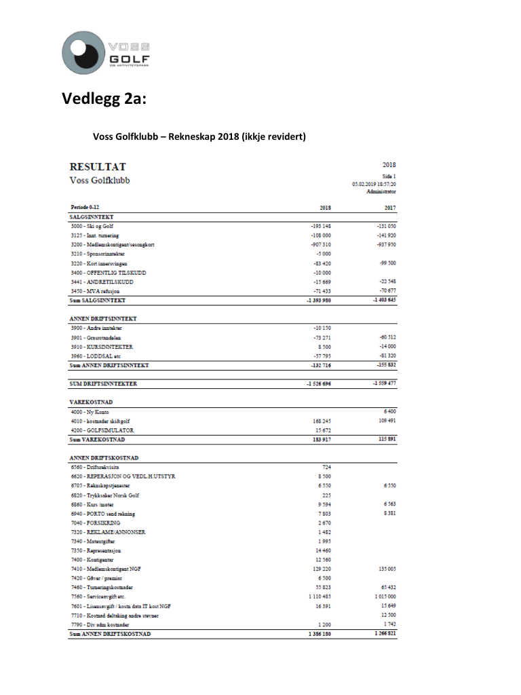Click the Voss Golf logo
[x=106, y=52]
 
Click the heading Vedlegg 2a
[x=103, y=100]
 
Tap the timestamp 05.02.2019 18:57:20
[x=374, y=183]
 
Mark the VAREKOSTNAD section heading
[x=92, y=402]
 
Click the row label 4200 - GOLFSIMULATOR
[x=102, y=430]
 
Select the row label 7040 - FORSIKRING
[x=96, y=523]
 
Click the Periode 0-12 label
[x=90, y=207]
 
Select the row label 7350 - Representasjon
[x=98, y=550]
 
